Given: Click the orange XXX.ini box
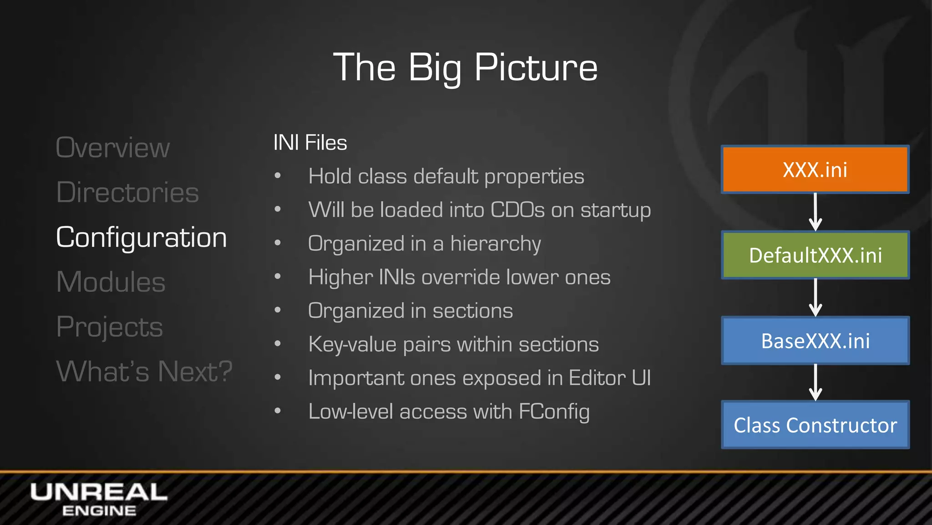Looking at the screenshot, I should (815, 170).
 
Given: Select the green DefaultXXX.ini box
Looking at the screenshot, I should (815, 255).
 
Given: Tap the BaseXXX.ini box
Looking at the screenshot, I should (815, 340).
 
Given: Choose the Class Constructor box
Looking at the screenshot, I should (815, 425).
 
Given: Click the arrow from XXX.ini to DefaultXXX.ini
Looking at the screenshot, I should (815, 212).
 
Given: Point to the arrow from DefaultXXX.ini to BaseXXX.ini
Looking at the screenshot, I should (815, 298).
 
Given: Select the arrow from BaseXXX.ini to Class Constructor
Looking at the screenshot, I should (815, 382).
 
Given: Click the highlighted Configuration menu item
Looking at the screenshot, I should (141, 237).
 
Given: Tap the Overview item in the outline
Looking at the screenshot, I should (112, 148).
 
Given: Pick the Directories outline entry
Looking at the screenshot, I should (127, 192).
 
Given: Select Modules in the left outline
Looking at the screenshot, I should (111, 282).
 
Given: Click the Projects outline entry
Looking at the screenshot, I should (109, 326).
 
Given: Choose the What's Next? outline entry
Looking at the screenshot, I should (144, 371).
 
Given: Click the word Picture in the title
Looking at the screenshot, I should (536, 67).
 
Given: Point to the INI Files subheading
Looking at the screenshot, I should (310, 143).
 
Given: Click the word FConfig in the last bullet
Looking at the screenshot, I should (554, 412).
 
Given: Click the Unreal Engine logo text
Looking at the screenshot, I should (99, 499).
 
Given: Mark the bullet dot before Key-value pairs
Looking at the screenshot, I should (278, 344).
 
